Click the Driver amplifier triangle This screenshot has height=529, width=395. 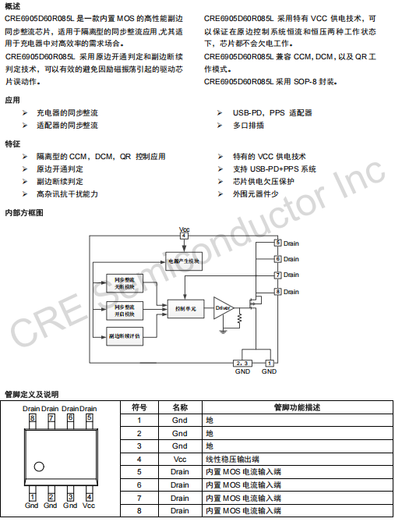222,308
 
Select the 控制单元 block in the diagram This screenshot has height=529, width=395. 186,309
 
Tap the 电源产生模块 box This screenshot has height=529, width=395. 184,261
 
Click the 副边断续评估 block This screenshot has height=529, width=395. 125,336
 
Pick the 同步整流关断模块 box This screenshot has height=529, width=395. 125,283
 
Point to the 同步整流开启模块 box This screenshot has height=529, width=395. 125,311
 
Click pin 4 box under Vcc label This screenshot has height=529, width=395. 184,236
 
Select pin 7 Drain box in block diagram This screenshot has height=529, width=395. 278,275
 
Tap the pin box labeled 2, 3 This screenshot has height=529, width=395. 242,363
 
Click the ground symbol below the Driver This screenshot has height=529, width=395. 223,332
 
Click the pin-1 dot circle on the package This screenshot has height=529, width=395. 39,467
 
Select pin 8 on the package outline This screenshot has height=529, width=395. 32,421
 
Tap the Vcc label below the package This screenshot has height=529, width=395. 89,506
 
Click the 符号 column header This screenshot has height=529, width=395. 139,407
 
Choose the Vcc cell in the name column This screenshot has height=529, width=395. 180,459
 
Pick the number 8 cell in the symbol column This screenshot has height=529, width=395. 139,511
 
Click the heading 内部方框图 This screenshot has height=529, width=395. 24,213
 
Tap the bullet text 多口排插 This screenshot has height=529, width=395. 249,126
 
